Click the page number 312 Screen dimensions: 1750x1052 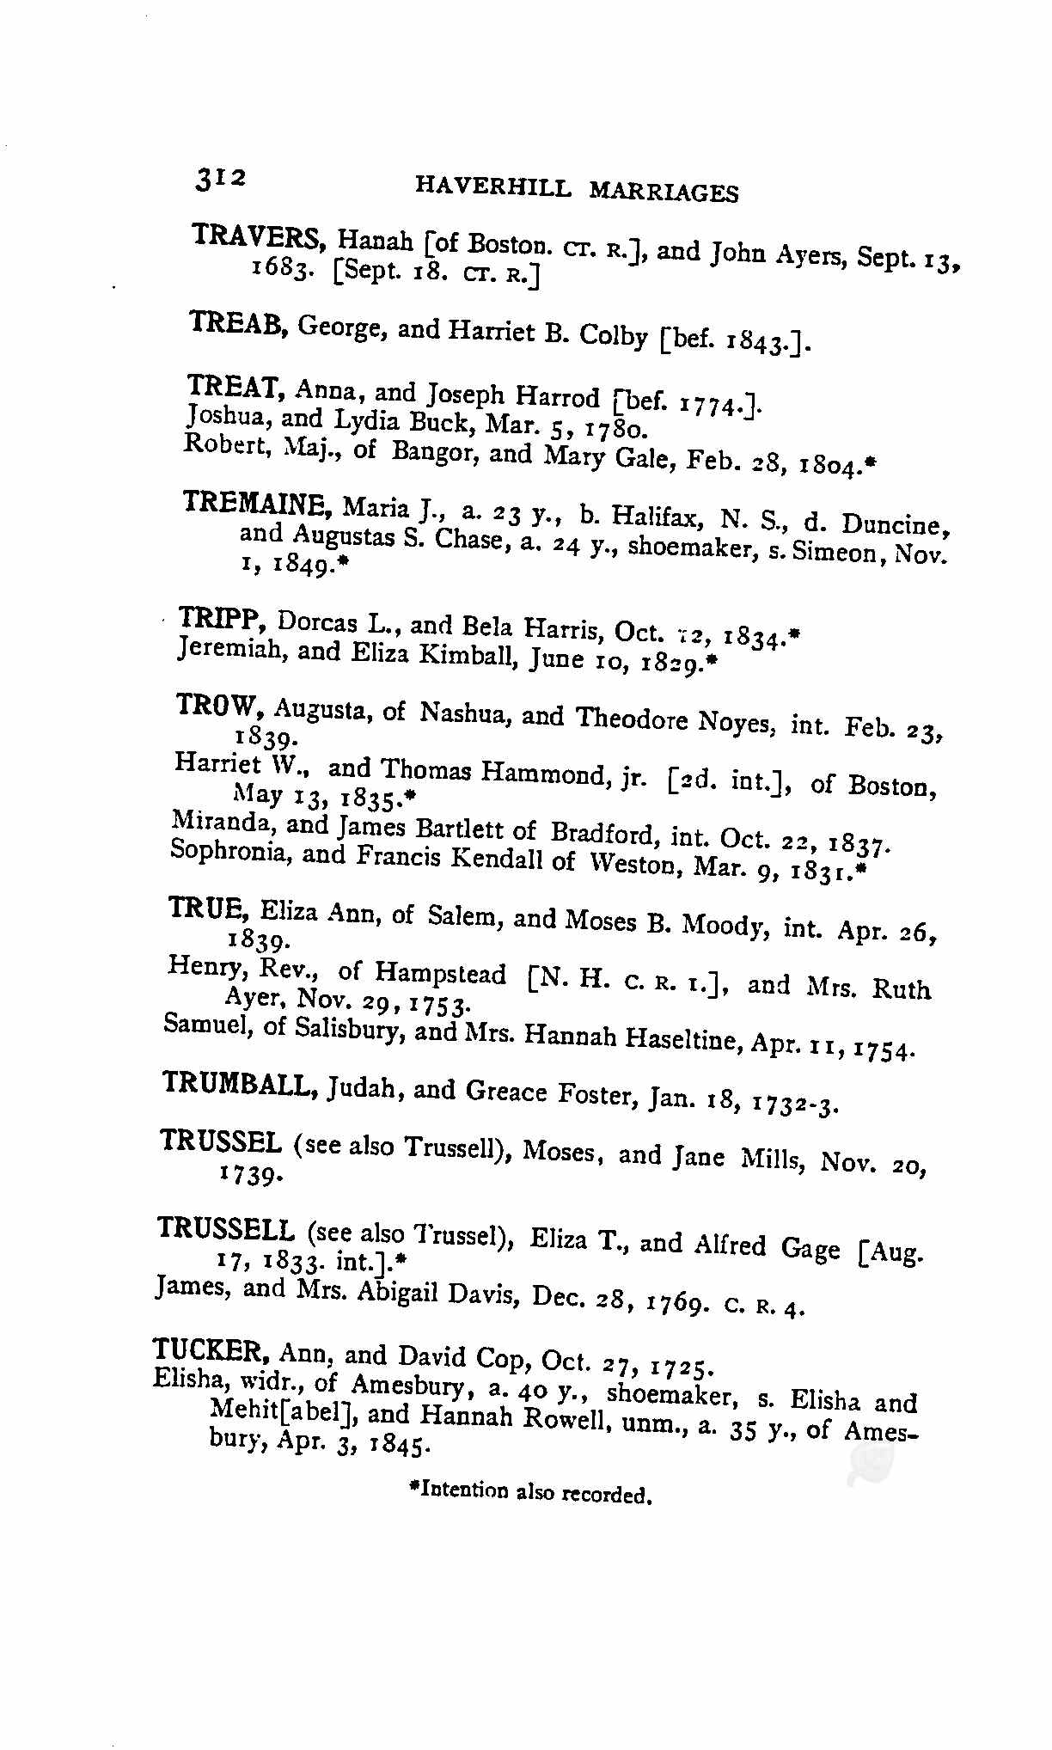[x=220, y=180]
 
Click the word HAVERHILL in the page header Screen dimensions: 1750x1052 [x=492, y=188]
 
